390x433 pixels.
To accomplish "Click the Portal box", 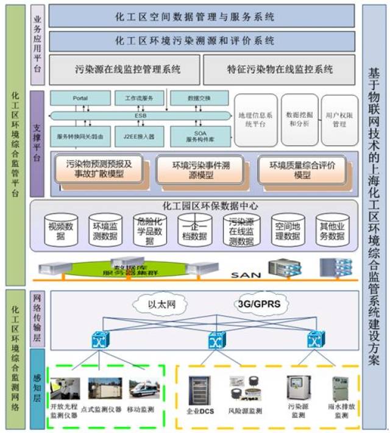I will click(80, 98).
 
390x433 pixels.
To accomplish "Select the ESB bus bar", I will click(140, 115).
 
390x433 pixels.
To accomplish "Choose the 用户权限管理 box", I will click(339, 120).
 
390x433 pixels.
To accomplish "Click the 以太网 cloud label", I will click(162, 303).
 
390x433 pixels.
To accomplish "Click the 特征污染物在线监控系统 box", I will click(279, 70).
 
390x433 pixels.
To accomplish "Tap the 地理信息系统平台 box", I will click(255, 120).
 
